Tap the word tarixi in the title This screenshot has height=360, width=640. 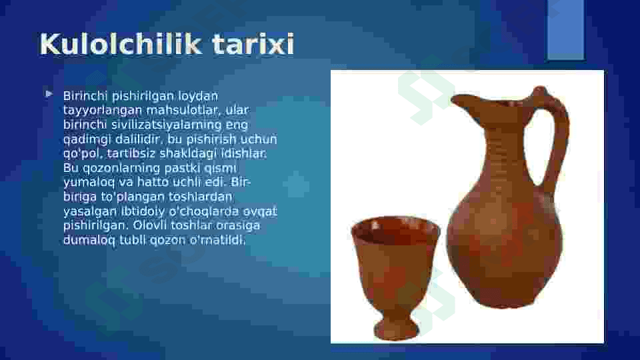pyautogui.click(x=253, y=44)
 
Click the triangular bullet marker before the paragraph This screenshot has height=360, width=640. pyautogui.click(x=49, y=94)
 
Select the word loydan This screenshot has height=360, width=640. pyautogui.click(x=198, y=96)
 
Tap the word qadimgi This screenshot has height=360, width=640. pyautogui.click(x=87, y=139)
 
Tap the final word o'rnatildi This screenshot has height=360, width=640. pyautogui.click(x=217, y=240)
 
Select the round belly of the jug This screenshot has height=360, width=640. pyautogui.click(x=505, y=245)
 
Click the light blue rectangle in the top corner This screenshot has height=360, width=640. pyautogui.click(x=566, y=29)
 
